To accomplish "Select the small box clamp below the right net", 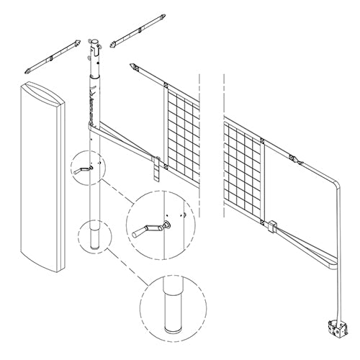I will pos(271,227).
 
